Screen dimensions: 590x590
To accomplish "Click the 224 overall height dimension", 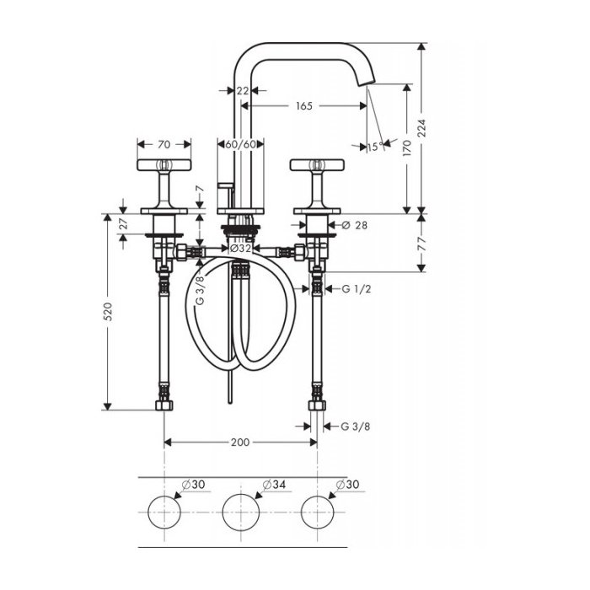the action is coord(421,128).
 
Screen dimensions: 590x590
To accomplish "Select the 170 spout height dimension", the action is coord(407,147).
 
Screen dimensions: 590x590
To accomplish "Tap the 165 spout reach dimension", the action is coord(304,106).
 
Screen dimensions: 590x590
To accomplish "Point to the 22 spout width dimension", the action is coord(243,91).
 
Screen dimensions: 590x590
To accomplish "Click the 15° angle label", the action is coord(375,147).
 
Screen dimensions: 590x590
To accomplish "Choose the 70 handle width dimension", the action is coord(164,144).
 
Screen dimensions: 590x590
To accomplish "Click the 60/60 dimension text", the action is coord(241,144).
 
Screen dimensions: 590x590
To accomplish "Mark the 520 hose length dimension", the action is coord(108,312).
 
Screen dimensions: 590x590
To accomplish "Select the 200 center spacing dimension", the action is coord(240,442).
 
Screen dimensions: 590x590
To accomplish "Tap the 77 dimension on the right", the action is coord(421,244).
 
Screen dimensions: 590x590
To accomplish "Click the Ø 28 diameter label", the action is coord(355,225).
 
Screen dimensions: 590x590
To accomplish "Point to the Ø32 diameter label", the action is coord(240,249).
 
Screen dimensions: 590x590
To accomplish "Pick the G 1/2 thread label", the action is coord(357,289).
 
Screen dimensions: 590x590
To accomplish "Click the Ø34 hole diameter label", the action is coord(274,485).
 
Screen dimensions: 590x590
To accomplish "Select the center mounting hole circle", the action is coord(241,512).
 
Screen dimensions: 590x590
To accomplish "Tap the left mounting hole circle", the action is coord(164,512).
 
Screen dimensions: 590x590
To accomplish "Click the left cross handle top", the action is coord(164,165).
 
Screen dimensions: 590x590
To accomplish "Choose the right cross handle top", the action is coord(317,165).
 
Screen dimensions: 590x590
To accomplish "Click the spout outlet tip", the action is coord(367,83).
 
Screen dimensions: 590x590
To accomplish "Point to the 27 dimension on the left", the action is coord(123,224).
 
